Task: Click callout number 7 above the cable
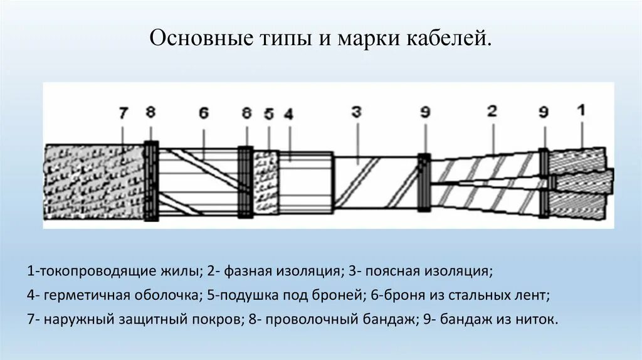click(123, 114)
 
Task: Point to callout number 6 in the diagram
click(203, 114)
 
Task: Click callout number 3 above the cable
click(356, 113)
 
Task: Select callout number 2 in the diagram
click(492, 112)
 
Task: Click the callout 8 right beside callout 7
click(150, 113)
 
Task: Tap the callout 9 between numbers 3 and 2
click(425, 114)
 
